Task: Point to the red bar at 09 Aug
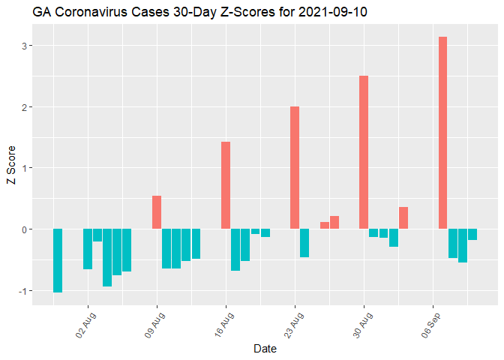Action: pos(157,212)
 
